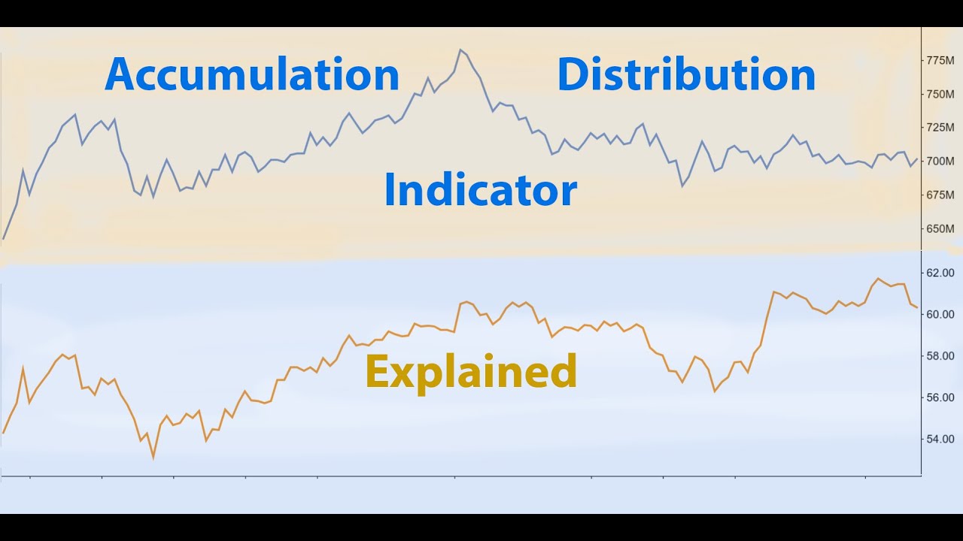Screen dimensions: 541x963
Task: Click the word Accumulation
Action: click(x=252, y=74)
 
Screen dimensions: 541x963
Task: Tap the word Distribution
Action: click(x=686, y=74)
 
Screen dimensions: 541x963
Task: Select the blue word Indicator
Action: click(x=480, y=190)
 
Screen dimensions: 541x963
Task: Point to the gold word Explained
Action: click(x=471, y=372)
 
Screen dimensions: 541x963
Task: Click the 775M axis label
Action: click(x=940, y=60)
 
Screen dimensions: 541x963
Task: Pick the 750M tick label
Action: click(x=940, y=94)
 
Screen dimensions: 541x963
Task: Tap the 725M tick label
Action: click(x=940, y=128)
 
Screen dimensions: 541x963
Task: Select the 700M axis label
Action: click(x=940, y=161)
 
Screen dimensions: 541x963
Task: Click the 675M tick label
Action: click(x=940, y=195)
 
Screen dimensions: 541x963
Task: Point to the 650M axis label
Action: click(x=940, y=228)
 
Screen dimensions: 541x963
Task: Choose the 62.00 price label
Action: click(x=941, y=273)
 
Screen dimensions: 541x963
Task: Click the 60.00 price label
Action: click(x=941, y=314)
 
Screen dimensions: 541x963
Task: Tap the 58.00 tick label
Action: click(x=941, y=355)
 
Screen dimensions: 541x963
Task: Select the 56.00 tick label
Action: click(x=941, y=397)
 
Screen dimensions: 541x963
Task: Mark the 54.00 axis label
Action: click(x=941, y=439)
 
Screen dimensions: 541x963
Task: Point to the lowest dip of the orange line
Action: click(x=153, y=457)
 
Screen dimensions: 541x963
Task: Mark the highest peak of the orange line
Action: click(x=877, y=278)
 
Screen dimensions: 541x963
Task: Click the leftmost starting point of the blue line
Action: click(x=4, y=239)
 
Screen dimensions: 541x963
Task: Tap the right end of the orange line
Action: click(x=916, y=307)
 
